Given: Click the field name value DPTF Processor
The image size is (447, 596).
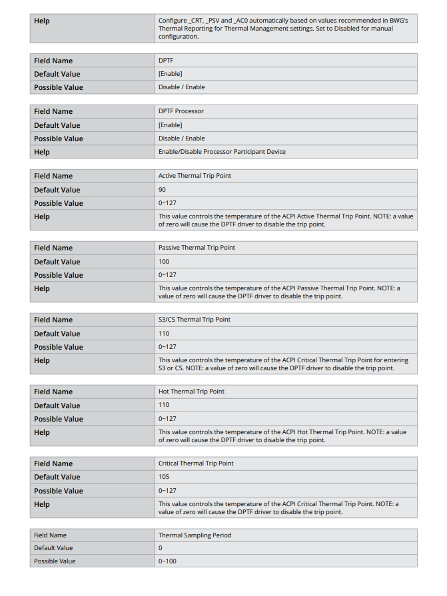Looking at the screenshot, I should (181, 111).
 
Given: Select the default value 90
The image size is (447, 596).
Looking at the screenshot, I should (162, 190).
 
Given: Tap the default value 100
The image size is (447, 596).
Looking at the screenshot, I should (164, 262).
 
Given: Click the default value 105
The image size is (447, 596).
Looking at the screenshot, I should (164, 477).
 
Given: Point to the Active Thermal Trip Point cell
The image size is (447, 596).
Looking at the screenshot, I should (195, 176).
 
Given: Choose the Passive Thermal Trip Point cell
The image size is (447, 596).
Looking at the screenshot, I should (197, 248).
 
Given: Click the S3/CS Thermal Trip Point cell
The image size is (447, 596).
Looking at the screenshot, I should (194, 320).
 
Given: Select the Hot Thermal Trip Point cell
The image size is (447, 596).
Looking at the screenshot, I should (191, 392).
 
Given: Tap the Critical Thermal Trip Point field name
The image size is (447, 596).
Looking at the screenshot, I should (196, 463).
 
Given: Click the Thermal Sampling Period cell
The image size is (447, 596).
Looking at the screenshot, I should (195, 535).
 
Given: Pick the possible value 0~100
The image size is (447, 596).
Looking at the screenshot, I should (167, 561).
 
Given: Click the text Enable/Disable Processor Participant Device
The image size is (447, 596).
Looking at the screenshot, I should (222, 152).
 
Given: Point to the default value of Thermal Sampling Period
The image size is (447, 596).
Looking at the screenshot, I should (161, 548).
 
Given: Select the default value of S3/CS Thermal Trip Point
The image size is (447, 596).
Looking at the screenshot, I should (164, 334).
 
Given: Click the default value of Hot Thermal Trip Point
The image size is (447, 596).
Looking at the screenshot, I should (164, 405).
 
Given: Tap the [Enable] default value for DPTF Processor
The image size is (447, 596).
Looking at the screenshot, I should (170, 125).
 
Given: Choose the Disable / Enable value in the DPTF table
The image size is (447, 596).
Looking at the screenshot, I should (181, 87).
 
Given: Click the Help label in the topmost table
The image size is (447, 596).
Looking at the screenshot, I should (42, 21).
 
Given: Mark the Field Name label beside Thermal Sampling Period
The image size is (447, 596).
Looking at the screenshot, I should (50, 535).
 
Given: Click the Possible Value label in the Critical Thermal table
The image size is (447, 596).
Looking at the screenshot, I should (59, 491).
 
